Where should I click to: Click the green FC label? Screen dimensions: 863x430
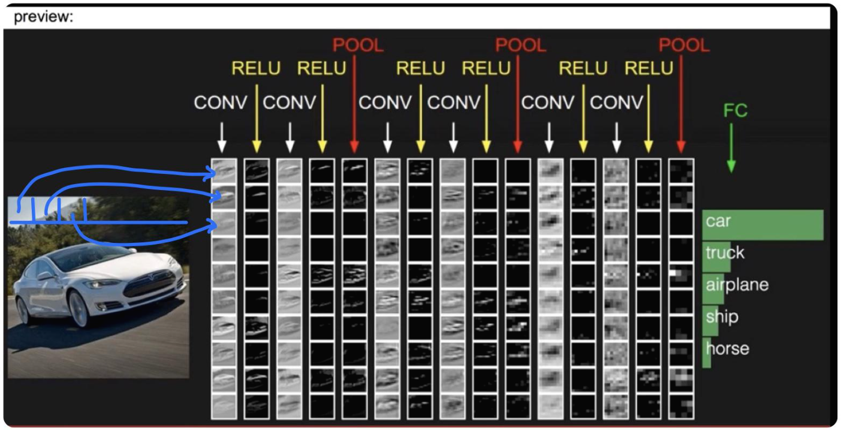point(735,110)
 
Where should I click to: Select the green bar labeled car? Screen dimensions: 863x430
point(763,225)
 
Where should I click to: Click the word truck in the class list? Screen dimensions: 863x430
point(725,252)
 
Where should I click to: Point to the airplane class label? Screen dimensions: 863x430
point(737,284)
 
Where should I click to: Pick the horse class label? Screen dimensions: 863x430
point(727,348)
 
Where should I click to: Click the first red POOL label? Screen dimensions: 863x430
point(358,46)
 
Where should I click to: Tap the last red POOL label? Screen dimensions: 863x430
point(684,46)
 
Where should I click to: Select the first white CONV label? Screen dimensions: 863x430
point(220,103)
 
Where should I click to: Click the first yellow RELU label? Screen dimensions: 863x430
point(256,68)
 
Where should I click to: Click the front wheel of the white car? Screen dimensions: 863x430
point(79,308)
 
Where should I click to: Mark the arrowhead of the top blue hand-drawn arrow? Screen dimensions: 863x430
point(210,175)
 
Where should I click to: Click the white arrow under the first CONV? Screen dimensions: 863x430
point(222,137)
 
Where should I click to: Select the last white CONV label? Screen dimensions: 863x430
point(615,103)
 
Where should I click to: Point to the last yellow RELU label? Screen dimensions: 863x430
point(648,68)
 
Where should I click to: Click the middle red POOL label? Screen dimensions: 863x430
point(520,46)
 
